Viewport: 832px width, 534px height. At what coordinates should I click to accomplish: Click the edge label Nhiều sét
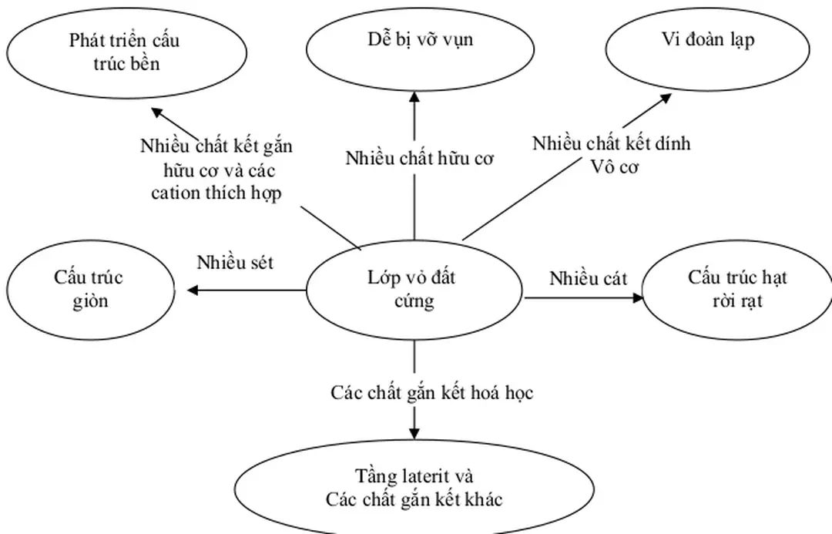[235, 262]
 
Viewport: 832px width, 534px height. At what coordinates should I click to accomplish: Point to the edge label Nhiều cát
[588, 278]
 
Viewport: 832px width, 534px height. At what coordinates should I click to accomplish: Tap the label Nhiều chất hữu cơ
[419, 160]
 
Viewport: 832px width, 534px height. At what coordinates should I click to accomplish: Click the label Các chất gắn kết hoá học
[432, 392]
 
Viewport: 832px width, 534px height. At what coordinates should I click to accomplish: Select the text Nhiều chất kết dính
[611, 143]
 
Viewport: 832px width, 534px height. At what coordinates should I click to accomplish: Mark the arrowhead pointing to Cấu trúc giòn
[193, 291]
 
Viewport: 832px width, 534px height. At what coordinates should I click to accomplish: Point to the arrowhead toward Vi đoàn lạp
[665, 99]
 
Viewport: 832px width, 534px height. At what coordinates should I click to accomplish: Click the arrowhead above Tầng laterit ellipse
[415, 432]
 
